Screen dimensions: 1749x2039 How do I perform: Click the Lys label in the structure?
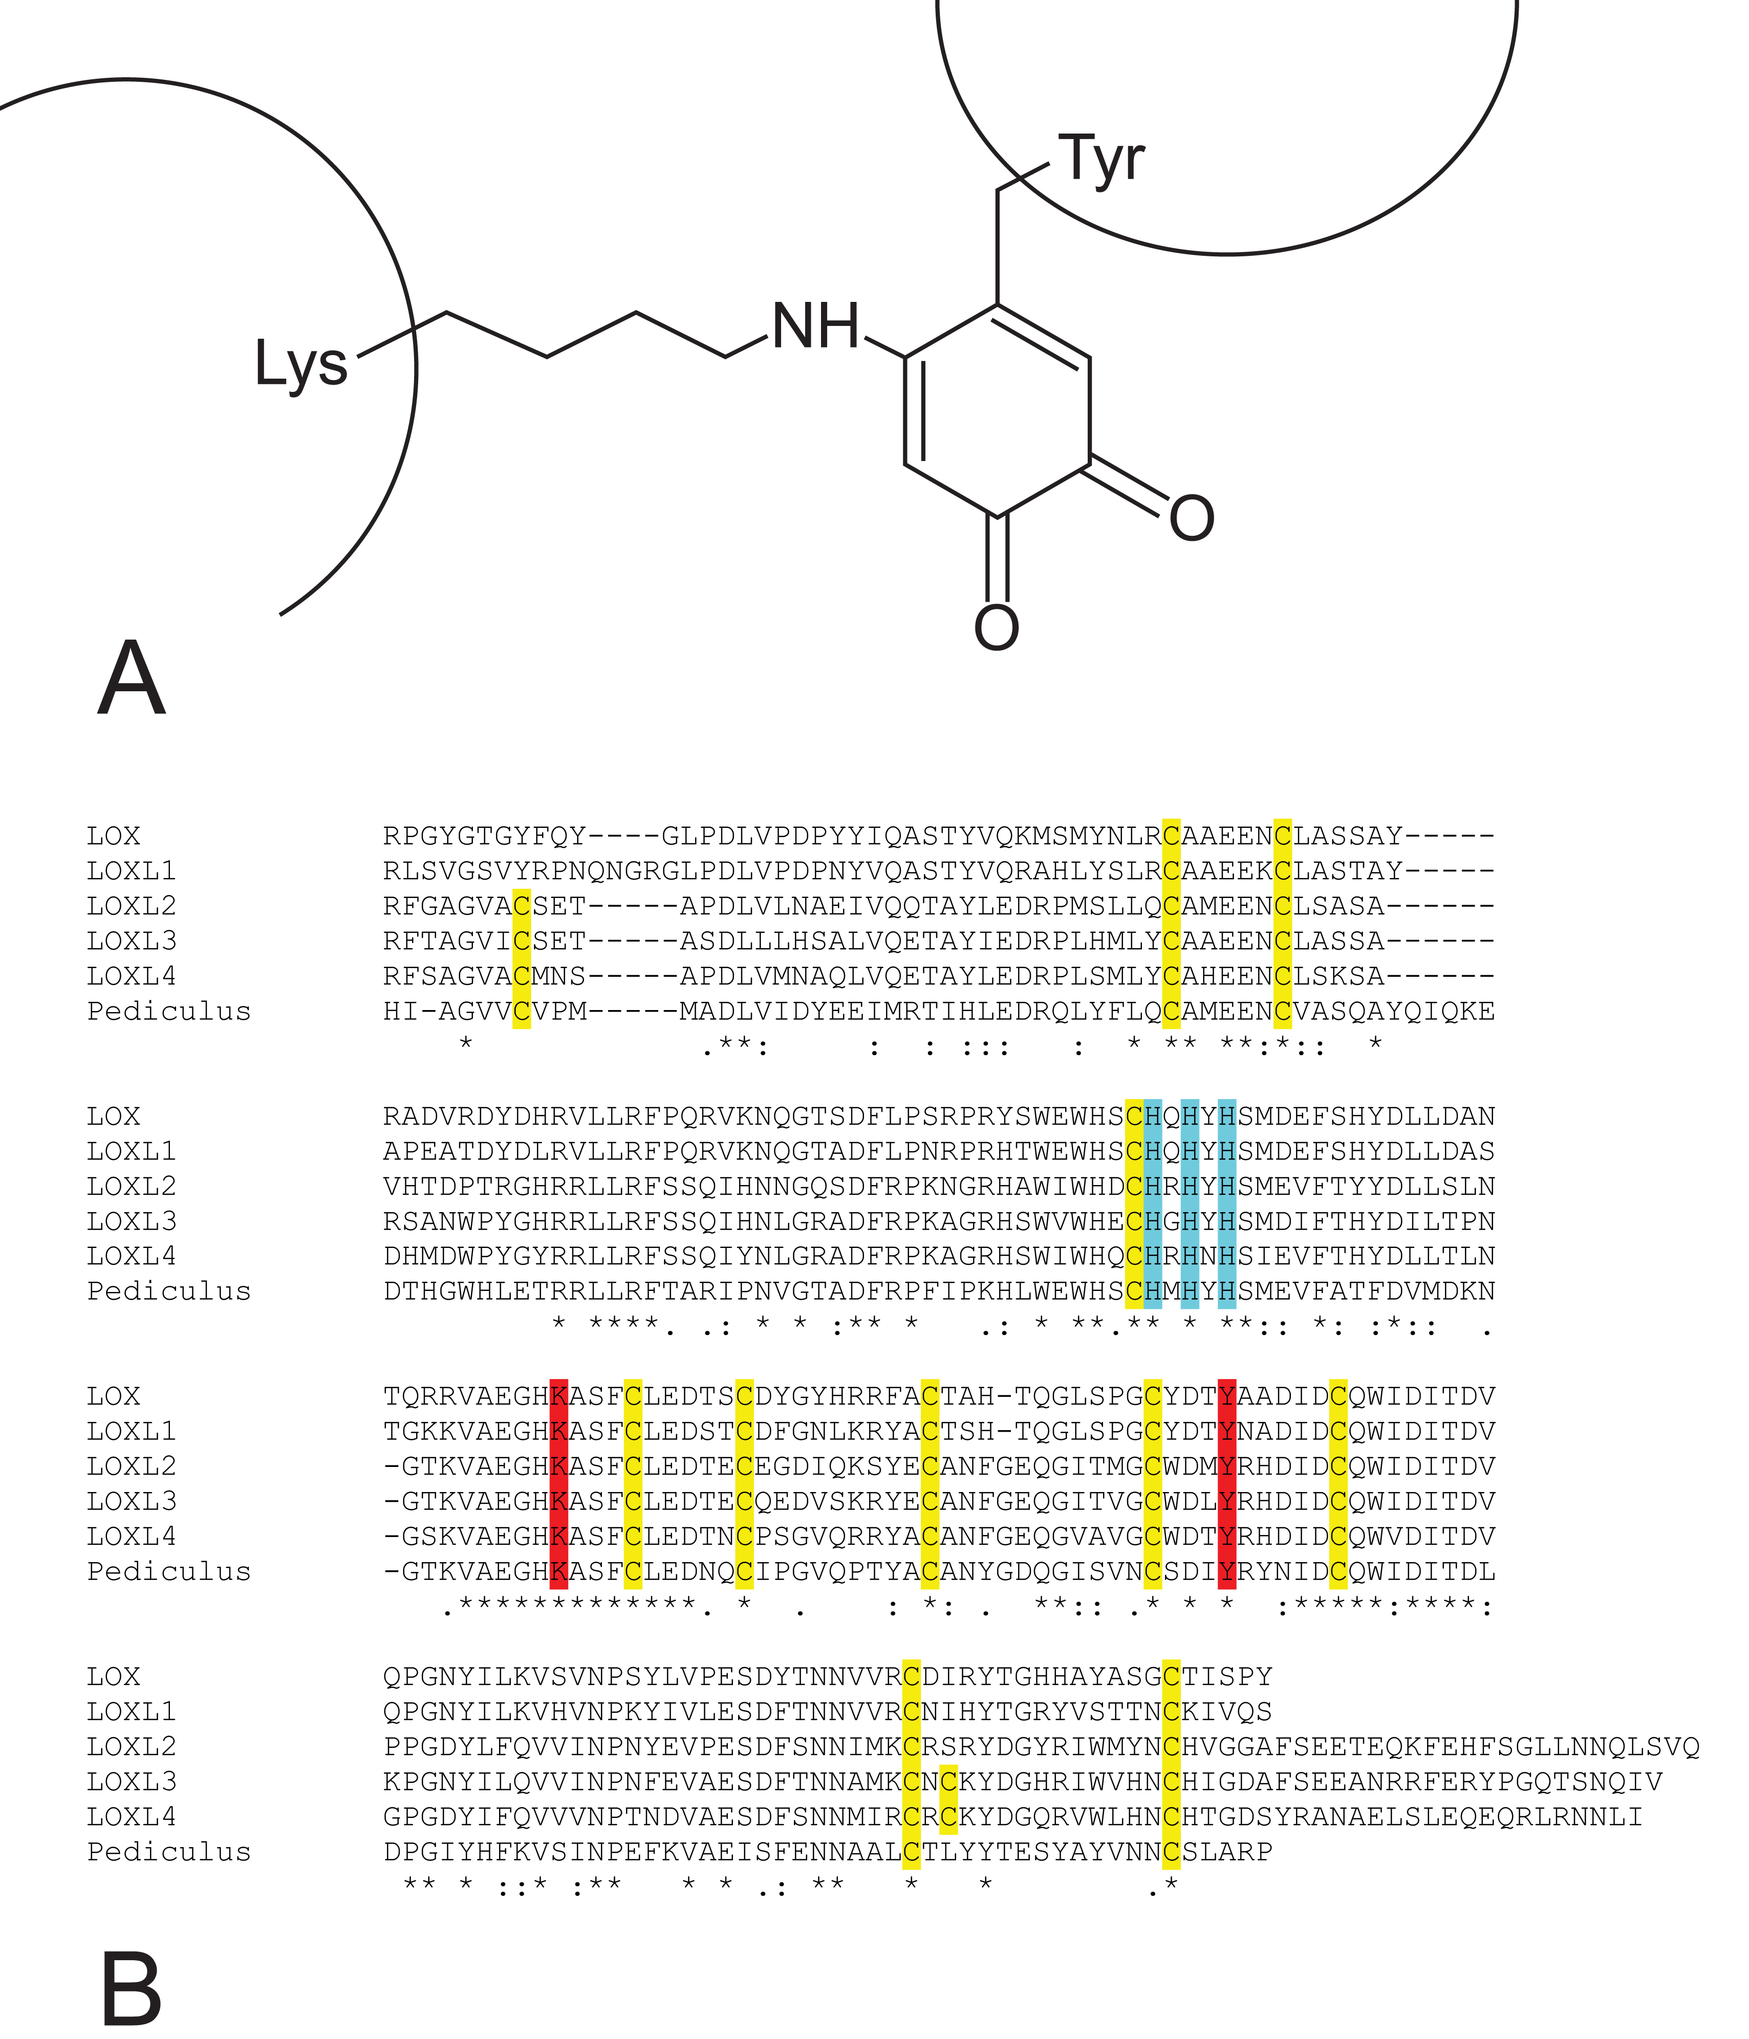[301, 364]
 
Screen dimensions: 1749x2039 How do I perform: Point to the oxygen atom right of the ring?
[1192, 518]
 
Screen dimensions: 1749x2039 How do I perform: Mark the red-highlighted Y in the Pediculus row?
[1226, 1571]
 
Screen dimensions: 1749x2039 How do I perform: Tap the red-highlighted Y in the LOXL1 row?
[1226, 1431]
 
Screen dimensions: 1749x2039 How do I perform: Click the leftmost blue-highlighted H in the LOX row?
[1153, 1116]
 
